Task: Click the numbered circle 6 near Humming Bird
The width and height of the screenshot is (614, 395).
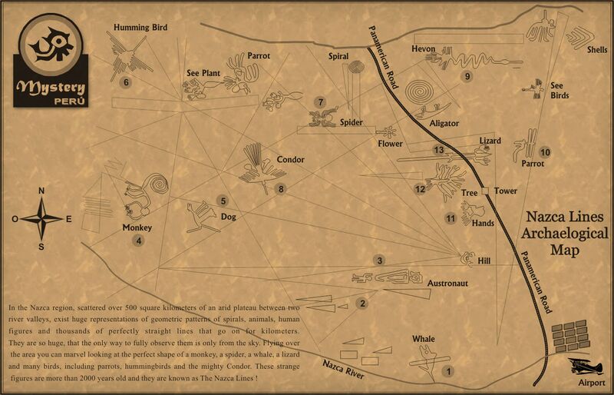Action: pyautogui.click(x=126, y=81)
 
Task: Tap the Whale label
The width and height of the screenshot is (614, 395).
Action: pyautogui.click(x=423, y=339)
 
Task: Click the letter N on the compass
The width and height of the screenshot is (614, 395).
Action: pyautogui.click(x=41, y=191)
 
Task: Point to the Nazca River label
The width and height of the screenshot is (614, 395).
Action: pyautogui.click(x=343, y=368)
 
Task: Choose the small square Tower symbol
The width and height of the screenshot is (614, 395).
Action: pyautogui.click(x=485, y=191)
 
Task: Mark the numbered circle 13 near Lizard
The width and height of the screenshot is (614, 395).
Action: pyautogui.click(x=439, y=150)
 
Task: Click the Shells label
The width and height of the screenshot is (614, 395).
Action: pyautogui.click(x=597, y=50)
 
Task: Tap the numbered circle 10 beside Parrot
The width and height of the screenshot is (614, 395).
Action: pyautogui.click(x=545, y=152)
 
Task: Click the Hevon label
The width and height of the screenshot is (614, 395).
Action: pyautogui.click(x=424, y=49)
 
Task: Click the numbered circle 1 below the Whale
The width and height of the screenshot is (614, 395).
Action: pyautogui.click(x=448, y=370)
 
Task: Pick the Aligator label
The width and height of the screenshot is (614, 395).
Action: pyautogui.click(x=444, y=123)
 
